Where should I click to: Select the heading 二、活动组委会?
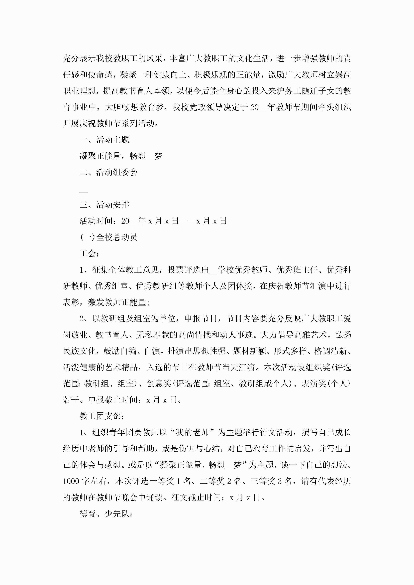[108, 172]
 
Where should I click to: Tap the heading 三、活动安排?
[104, 205]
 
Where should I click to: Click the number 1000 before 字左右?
[71, 481]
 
